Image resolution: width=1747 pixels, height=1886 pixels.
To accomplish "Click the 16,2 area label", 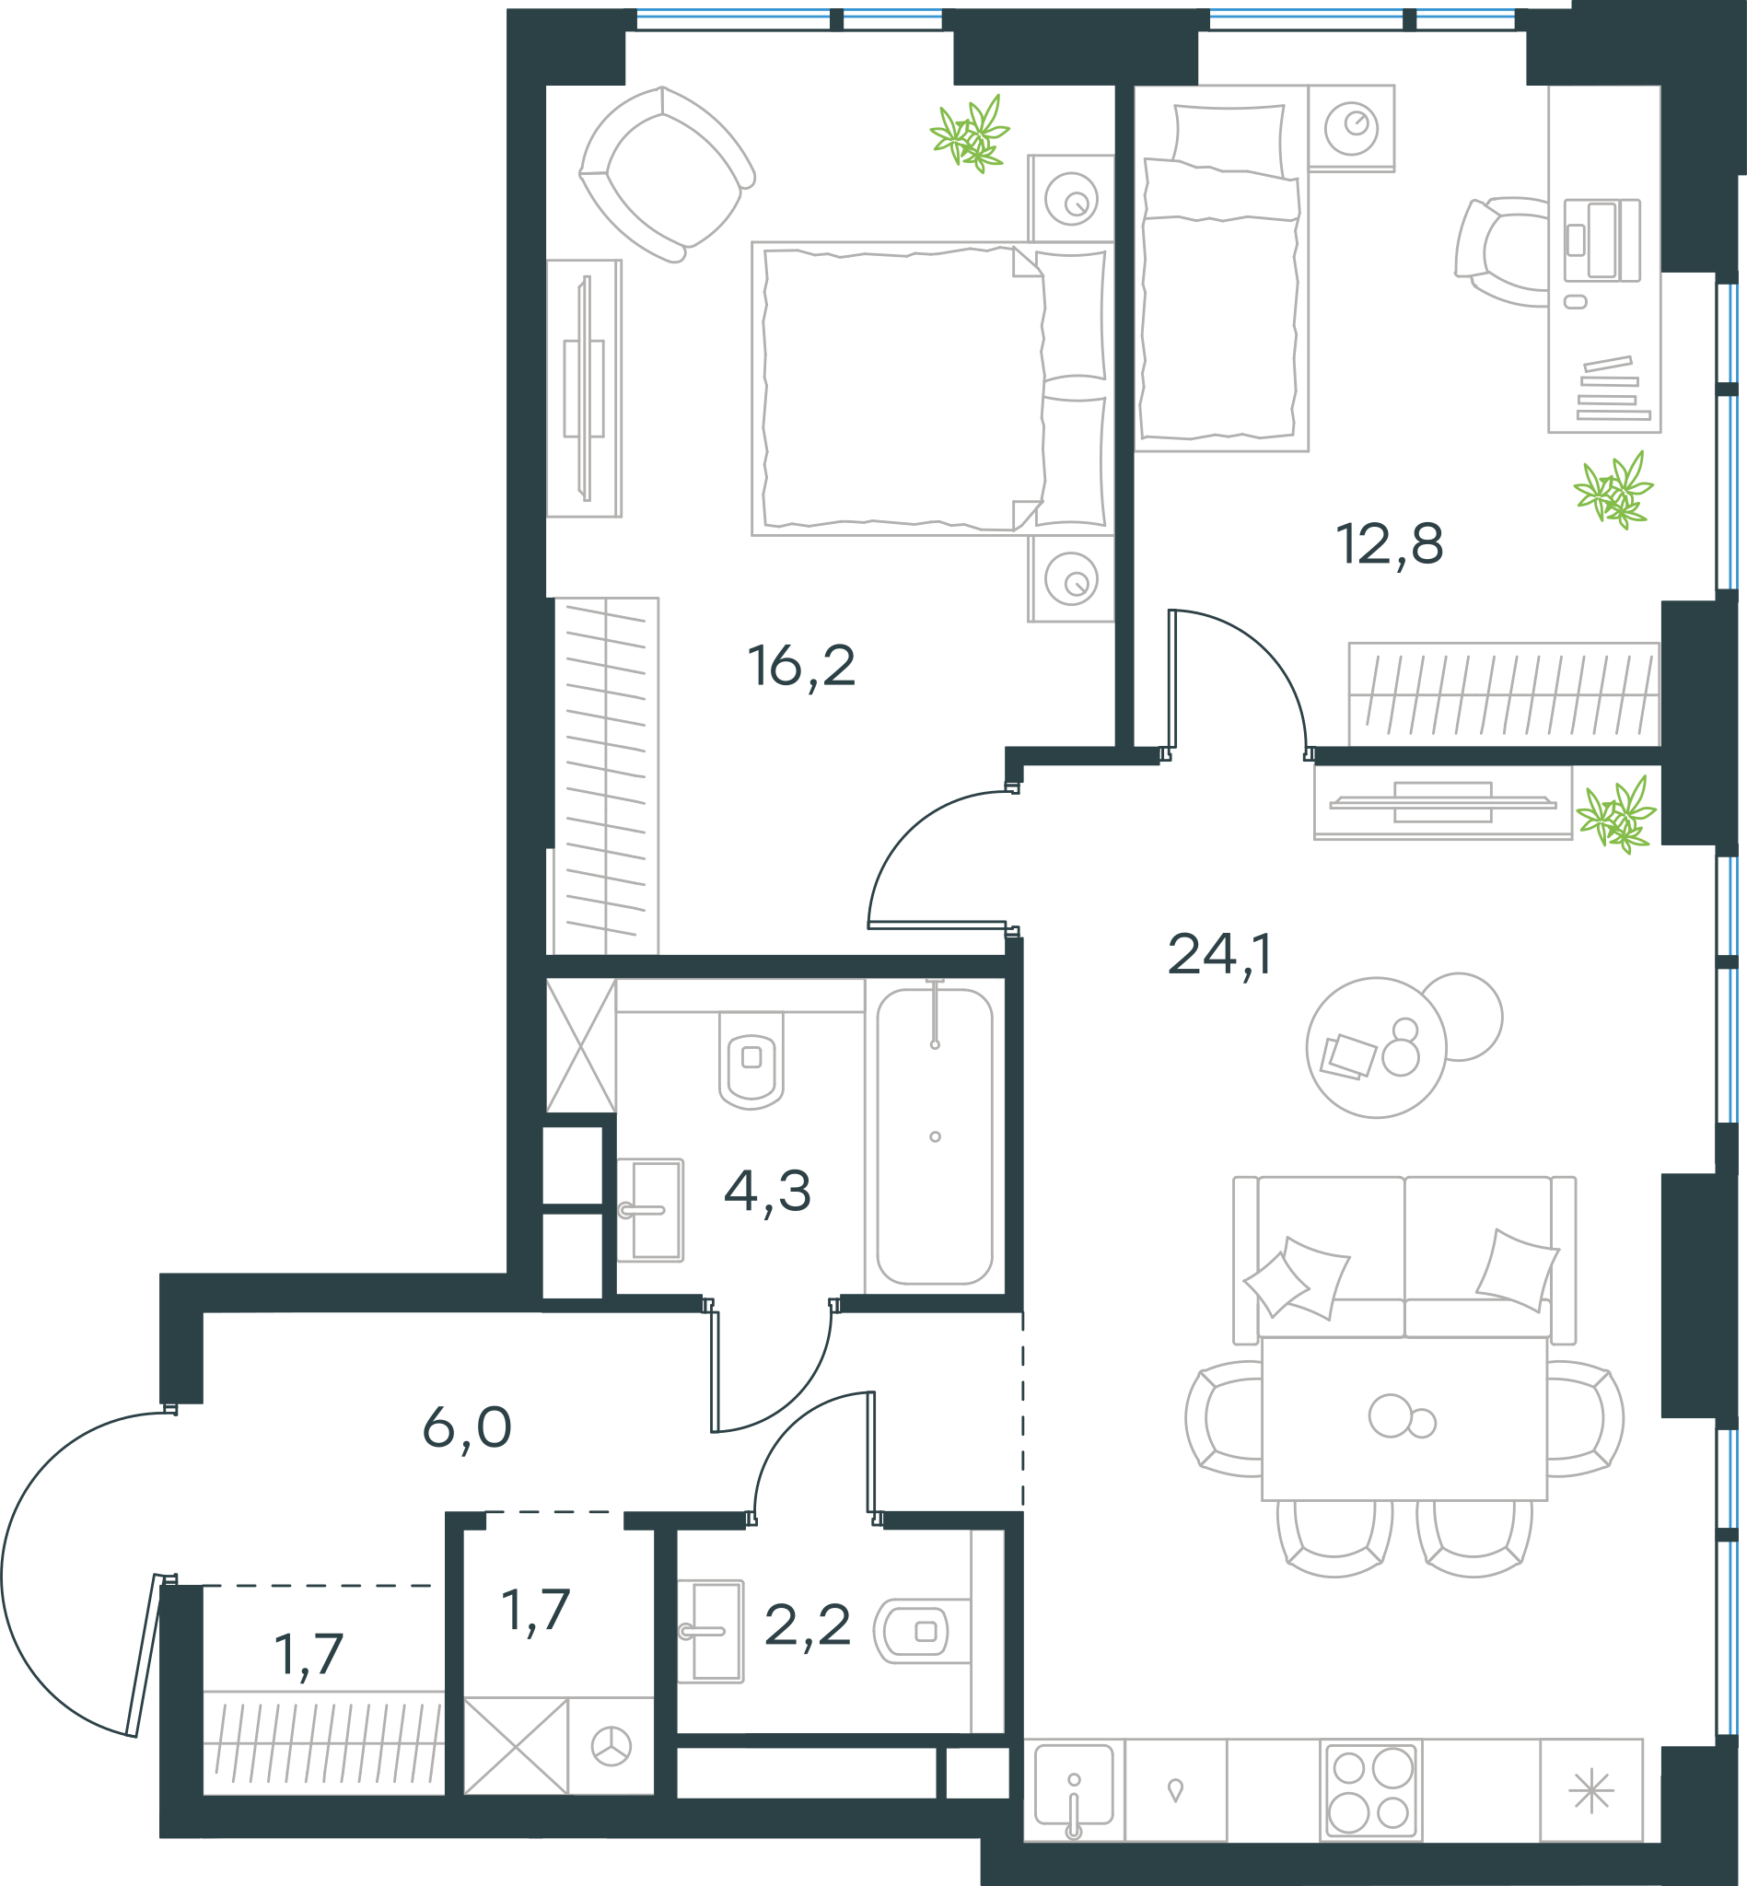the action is click(x=801, y=666).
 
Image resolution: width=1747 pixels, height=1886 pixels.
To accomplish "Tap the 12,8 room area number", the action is click(x=1390, y=544).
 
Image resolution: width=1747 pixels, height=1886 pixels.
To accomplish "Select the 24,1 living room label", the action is click(x=1219, y=955).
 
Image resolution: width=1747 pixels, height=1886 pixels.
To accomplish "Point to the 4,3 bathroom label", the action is click(x=768, y=1191).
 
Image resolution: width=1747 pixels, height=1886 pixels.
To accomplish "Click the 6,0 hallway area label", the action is click(x=467, y=1427).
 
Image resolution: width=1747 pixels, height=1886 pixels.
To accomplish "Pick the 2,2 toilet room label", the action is click(x=808, y=1626).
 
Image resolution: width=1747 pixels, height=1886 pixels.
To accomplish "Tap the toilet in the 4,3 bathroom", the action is click(x=751, y=1060).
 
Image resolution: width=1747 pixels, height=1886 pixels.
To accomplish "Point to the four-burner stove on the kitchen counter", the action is click(x=1370, y=1790).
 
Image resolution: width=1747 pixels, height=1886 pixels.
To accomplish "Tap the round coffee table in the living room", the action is click(x=1377, y=1047).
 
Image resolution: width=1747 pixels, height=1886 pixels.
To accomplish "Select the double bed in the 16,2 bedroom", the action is click(x=932, y=389).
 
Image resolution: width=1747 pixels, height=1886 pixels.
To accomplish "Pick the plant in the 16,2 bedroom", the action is click(x=970, y=134).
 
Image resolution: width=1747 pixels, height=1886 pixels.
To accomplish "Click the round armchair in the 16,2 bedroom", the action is click(x=667, y=174).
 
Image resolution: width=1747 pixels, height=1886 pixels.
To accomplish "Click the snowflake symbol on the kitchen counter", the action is click(x=1592, y=1790).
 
